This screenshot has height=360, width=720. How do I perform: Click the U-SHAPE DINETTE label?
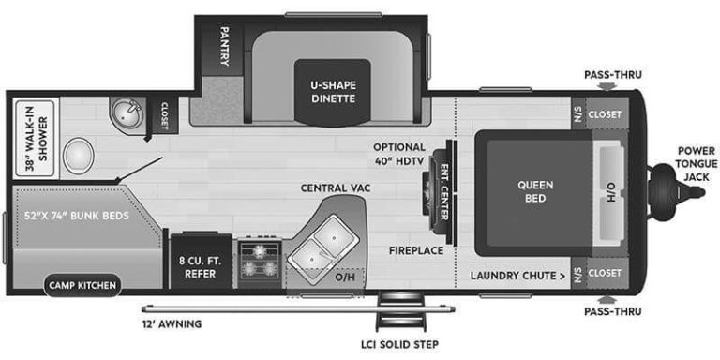[x=333, y=91]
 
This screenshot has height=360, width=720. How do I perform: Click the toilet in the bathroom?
[x=79, y=155]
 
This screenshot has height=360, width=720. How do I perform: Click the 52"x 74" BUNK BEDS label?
[x=77, y=215]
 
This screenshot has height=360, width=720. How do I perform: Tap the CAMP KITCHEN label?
[x=83, y=284]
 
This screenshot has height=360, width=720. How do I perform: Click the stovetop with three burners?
[x=259, y=262]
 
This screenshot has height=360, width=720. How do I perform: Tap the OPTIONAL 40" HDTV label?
[x=399, y=154]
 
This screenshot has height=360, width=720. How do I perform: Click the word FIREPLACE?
[x=416, y=250]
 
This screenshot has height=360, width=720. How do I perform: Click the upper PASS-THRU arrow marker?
[x=607, y=87]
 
